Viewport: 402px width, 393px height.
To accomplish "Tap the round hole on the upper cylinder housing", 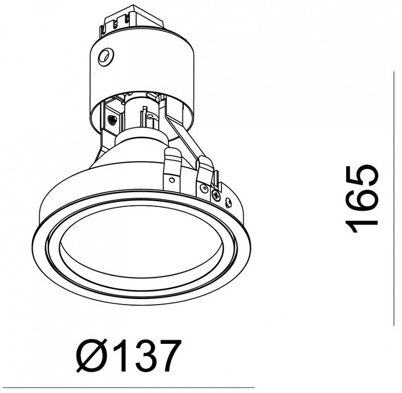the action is (106, 57).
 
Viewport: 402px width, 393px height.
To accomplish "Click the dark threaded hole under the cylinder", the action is (112, 119).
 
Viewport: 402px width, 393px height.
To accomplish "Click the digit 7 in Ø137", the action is (167, 356).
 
